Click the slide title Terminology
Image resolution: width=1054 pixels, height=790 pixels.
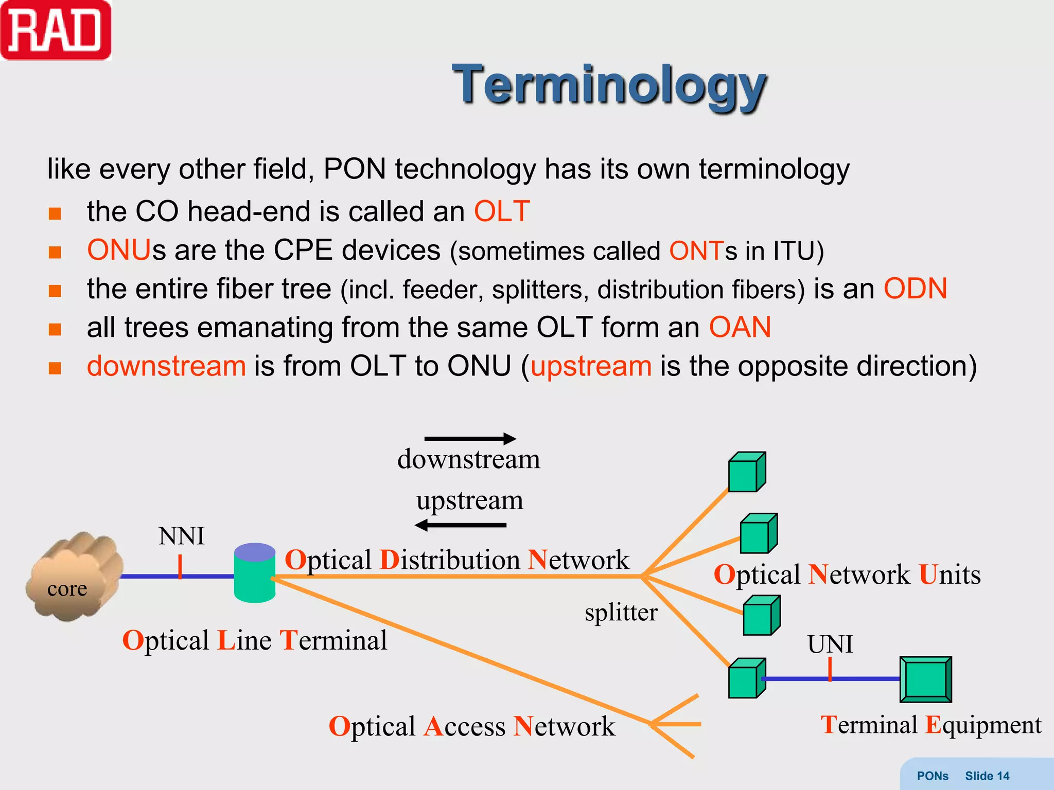[x=609, y=85]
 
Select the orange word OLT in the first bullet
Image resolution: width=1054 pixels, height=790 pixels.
[x=501, y=211]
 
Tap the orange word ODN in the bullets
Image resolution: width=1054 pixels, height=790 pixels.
[x=915, y=289]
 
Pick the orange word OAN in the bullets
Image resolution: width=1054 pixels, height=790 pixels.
[x=740, y=327]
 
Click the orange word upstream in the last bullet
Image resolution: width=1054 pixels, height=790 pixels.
[x=591, y=366]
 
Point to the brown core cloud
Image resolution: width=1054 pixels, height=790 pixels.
[x=75, y=576]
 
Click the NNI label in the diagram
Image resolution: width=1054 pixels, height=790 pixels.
[x=181, y=536]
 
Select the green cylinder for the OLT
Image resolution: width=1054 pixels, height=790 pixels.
[x=254, y=573]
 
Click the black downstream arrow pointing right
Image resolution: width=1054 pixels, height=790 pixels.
[x=470, y=438]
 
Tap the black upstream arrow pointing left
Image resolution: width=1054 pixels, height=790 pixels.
[x=461, y=525]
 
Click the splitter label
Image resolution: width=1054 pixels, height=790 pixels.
[x=621, y=613]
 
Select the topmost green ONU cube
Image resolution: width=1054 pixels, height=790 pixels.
[x=747, y=472]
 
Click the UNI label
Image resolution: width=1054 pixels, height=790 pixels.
[x=830, y=644]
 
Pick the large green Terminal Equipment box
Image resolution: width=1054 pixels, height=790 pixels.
[x=925, y=679]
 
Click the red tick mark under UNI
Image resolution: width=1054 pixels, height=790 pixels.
[x=830, y=670]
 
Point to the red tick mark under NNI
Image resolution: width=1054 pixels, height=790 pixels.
[x=180, y=567]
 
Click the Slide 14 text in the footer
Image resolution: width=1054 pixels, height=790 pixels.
[x=987, y=776]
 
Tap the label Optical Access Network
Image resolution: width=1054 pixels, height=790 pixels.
[x=471, y=726]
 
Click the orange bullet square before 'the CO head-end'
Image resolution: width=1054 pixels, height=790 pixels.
[x=55, y=213]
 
